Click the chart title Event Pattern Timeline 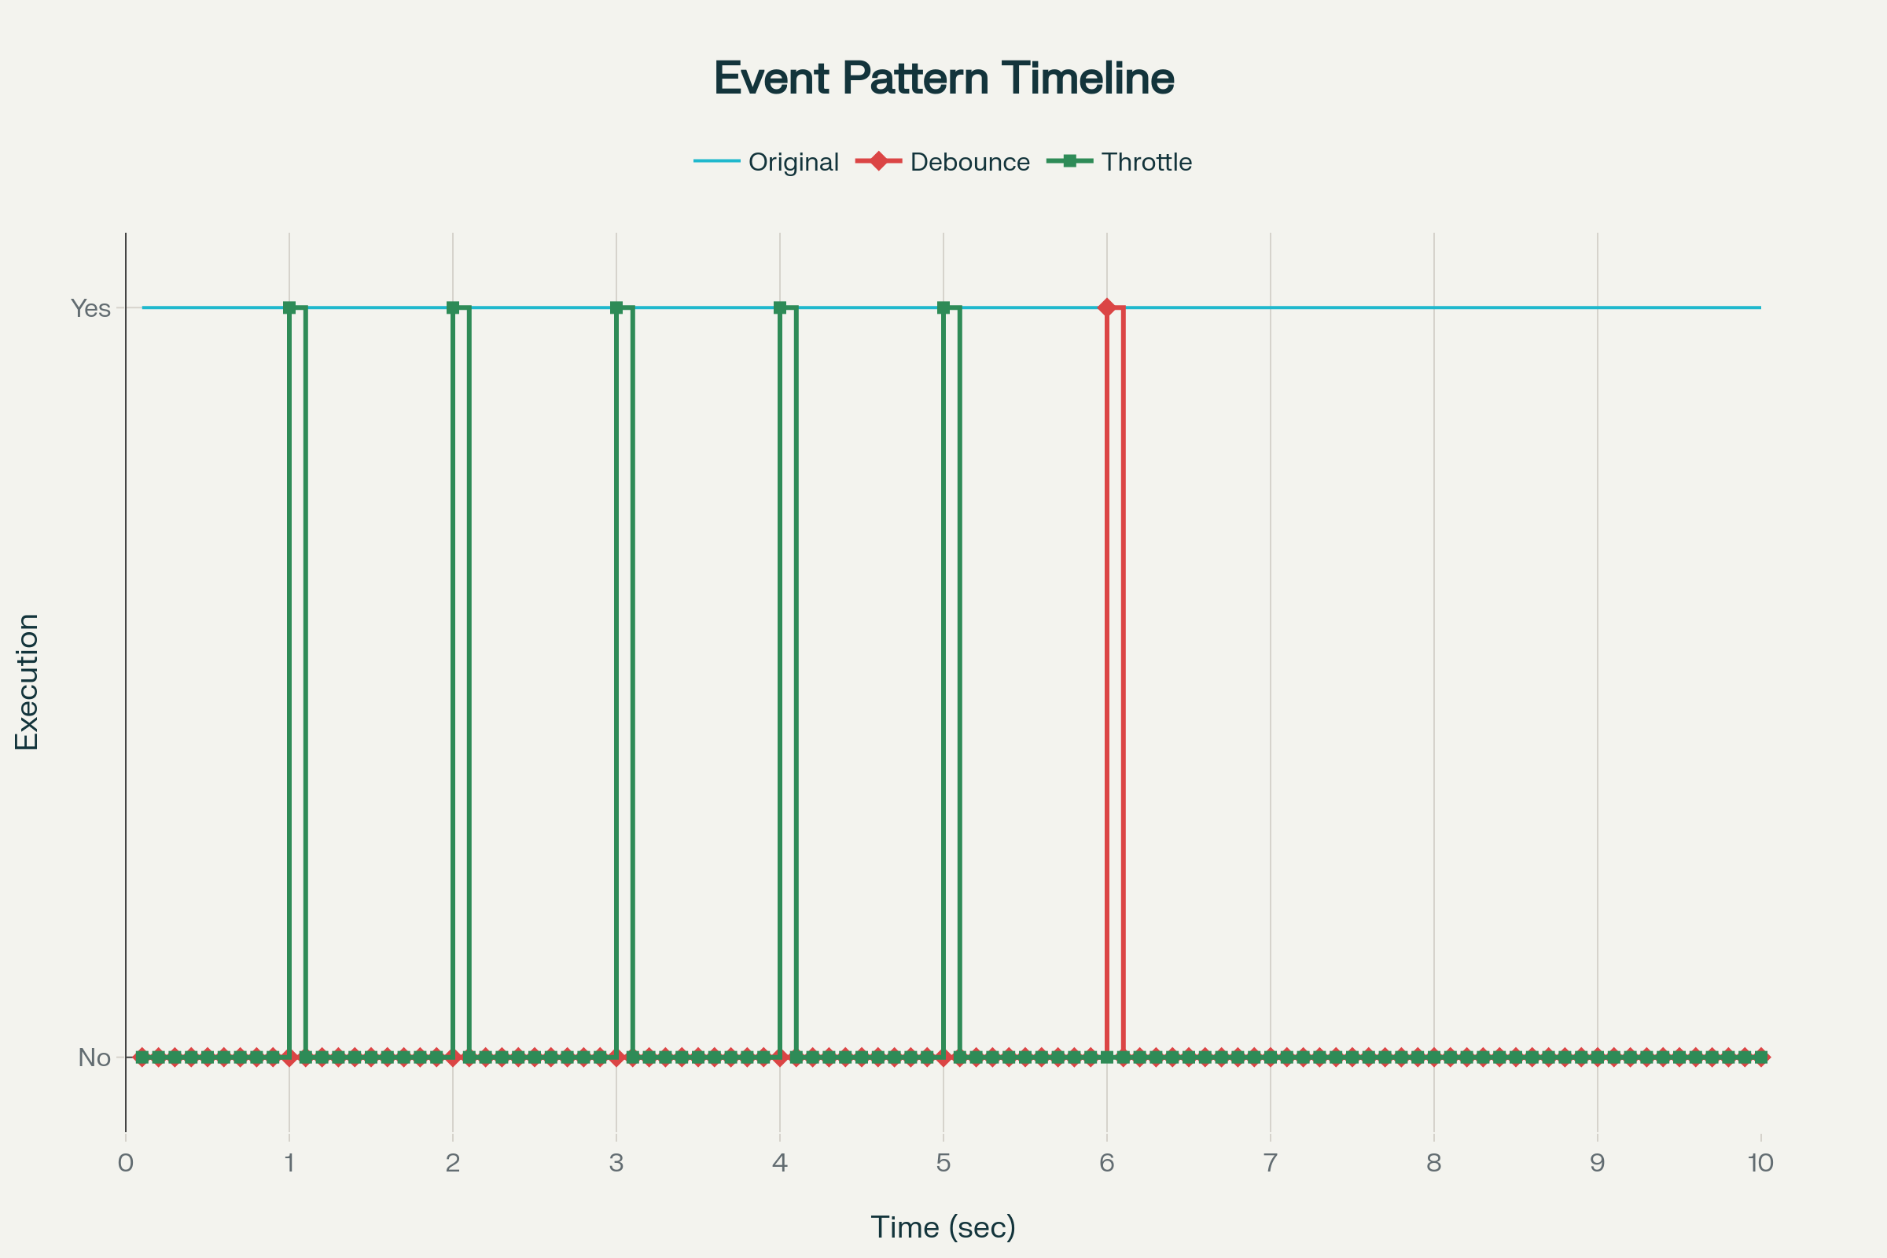point(943,79)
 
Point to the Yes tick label point(90,308)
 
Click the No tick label point(94,1058)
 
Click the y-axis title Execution point(28,682)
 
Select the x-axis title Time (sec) point(943,1227)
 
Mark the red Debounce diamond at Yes point(1107,308)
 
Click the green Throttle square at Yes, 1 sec point(289,308)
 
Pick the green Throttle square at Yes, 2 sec point(454,308)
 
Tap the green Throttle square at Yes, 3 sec point(616,308)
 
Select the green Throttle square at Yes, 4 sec point(780,308)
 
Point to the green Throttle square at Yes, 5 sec point(943,308)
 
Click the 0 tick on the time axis point(126,1163)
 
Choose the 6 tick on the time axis point(1107,1163)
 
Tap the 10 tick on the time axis point(1761,1163)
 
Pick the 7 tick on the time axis point(1270,1163)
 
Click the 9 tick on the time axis point(1598,1163)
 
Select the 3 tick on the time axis point(616,1163)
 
